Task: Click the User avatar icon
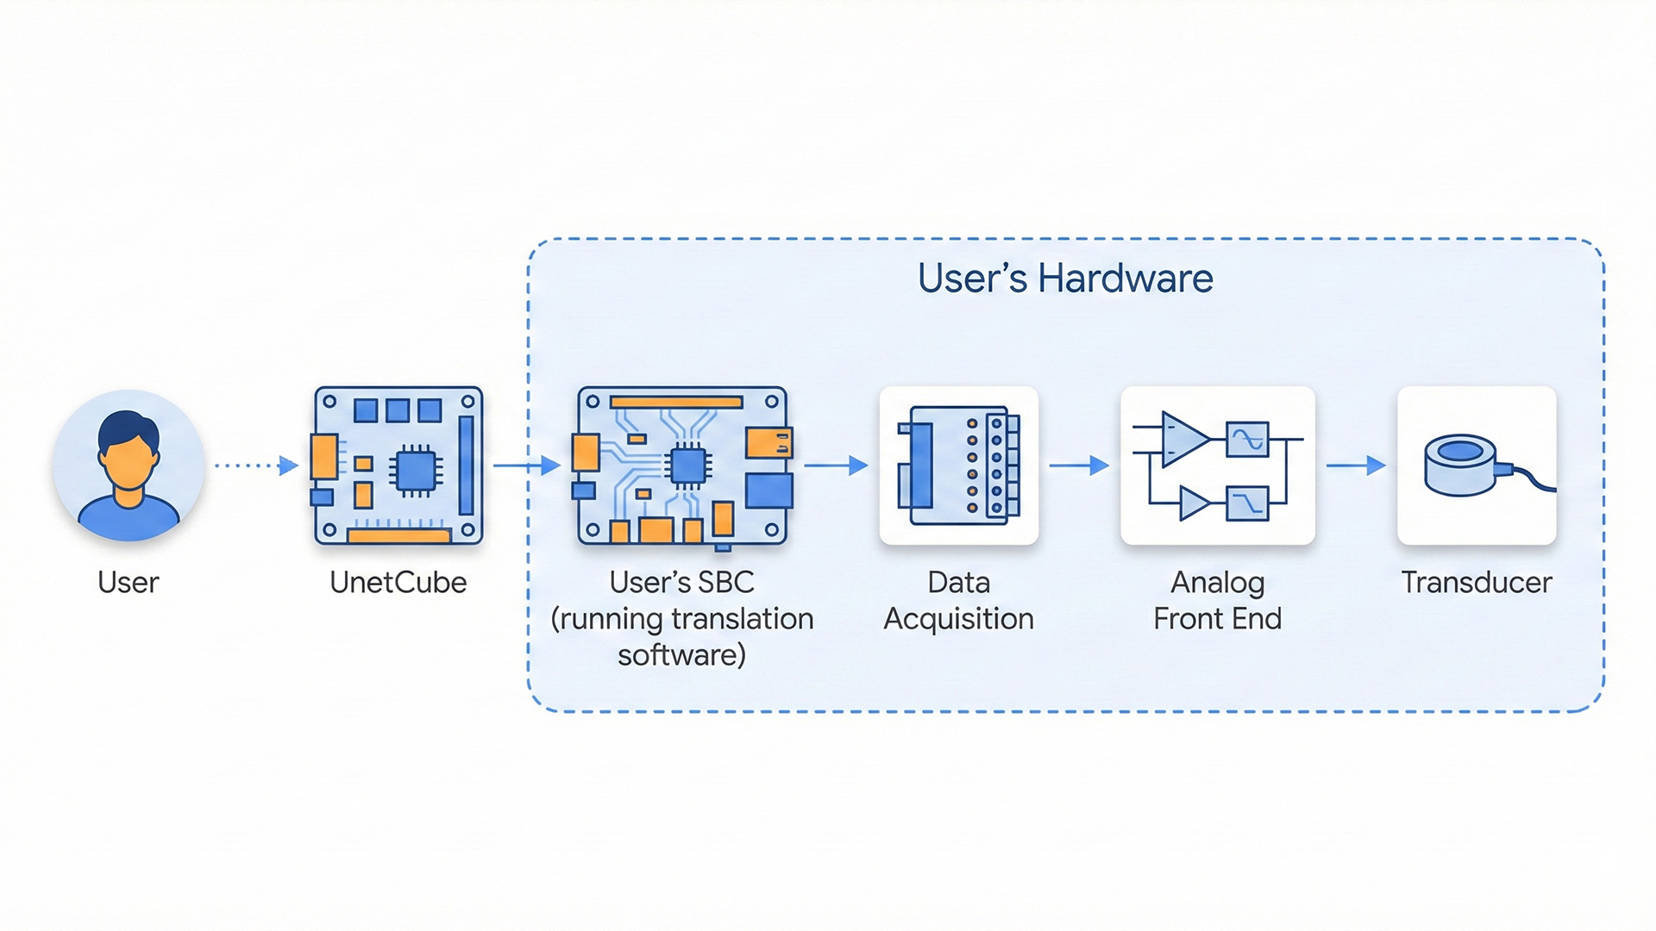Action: point(129,465)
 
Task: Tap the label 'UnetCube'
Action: point(398,583)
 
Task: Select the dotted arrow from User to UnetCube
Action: point(255,465)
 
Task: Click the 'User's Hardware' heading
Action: point(1065,278)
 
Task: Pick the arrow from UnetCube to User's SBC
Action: point(527,465)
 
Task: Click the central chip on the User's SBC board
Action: point(687,466)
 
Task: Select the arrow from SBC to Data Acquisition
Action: point(835,465)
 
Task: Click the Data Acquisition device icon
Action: point(958,465)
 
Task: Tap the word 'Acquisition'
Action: point(958,619)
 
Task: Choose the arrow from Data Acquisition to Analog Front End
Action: point(1078,465)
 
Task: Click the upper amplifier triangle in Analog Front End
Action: point(1183,438)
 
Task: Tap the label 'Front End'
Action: point(1217,619)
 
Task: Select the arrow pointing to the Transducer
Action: point(1355,465)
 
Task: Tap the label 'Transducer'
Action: point(1476,583)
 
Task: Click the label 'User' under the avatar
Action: point(129,583)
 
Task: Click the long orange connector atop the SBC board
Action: point(676,402)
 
